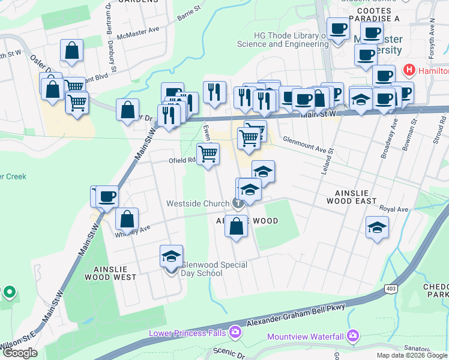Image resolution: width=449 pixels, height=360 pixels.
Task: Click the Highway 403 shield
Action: [391, 289]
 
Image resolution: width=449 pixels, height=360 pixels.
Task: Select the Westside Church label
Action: [198, 204]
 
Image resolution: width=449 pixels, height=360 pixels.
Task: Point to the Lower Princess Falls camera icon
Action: [235, 332]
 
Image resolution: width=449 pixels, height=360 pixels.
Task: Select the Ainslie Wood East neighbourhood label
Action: [351, 196]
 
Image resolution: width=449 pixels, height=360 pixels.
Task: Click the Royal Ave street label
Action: [394, 209]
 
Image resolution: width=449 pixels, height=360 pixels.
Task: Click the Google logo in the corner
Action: [20, 353]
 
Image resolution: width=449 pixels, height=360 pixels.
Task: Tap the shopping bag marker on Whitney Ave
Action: [127, 220]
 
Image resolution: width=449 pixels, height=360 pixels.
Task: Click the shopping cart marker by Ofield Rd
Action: [208, 154]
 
